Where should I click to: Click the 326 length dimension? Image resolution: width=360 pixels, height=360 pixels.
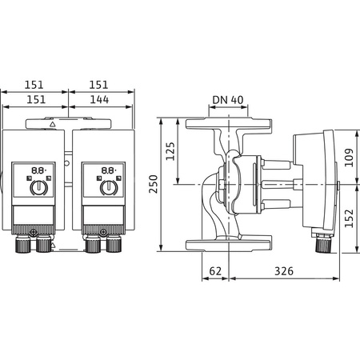(284, 271)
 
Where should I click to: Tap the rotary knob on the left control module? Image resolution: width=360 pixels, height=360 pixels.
(37, 188)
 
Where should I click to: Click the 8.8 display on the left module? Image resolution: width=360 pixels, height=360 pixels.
(37, 170)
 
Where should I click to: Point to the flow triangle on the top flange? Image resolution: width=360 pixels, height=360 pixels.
(53, 125)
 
